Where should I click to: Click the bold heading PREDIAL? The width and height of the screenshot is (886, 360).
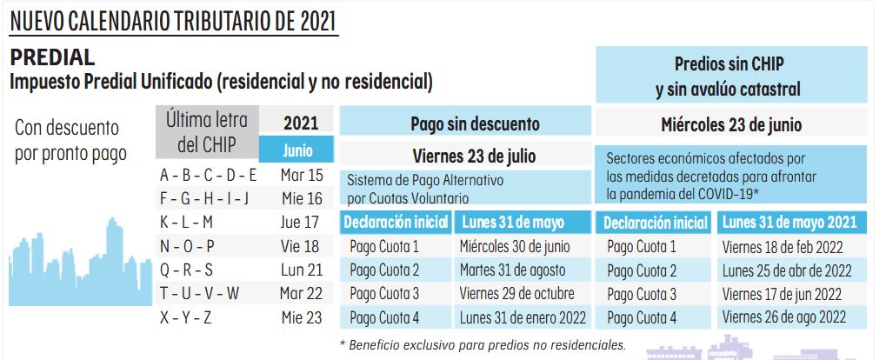[52, 58]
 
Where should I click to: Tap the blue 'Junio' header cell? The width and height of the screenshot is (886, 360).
[297, 150]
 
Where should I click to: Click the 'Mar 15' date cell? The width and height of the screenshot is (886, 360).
[301, 175]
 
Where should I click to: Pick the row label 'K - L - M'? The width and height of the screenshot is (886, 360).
[186, 222]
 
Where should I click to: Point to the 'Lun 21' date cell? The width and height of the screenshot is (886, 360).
[301, 270]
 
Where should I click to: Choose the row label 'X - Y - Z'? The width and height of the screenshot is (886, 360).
[185, 317]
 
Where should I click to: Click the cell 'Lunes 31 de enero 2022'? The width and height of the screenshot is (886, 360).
[523, 317]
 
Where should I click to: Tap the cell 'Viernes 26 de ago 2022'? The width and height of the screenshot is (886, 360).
[784, 317]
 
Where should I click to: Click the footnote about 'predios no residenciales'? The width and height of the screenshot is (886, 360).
[483, 345]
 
